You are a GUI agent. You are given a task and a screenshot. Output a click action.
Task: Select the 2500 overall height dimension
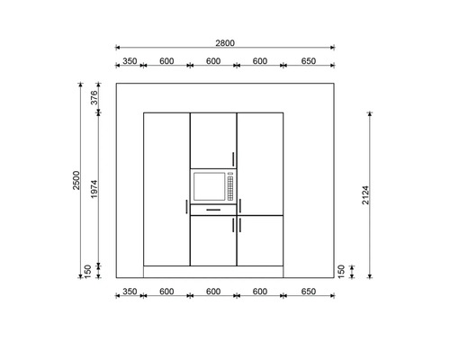coord(77,180)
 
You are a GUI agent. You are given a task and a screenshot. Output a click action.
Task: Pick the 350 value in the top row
coord(130,61)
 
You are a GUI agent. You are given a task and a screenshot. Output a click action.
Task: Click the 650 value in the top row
coord(309,61)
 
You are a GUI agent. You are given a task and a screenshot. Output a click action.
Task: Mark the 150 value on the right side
coord(340,270)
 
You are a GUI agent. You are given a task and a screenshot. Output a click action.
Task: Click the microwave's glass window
coord(209,187)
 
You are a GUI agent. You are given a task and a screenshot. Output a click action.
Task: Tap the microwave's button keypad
coord(230,187)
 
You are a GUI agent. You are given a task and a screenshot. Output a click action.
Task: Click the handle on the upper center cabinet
coord(232,158)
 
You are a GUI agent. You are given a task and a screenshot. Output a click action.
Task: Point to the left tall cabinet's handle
coord(186,208)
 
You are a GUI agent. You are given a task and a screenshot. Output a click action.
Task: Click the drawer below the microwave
coord(213,210)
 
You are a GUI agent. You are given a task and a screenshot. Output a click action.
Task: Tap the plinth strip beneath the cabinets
coord(213,271)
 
